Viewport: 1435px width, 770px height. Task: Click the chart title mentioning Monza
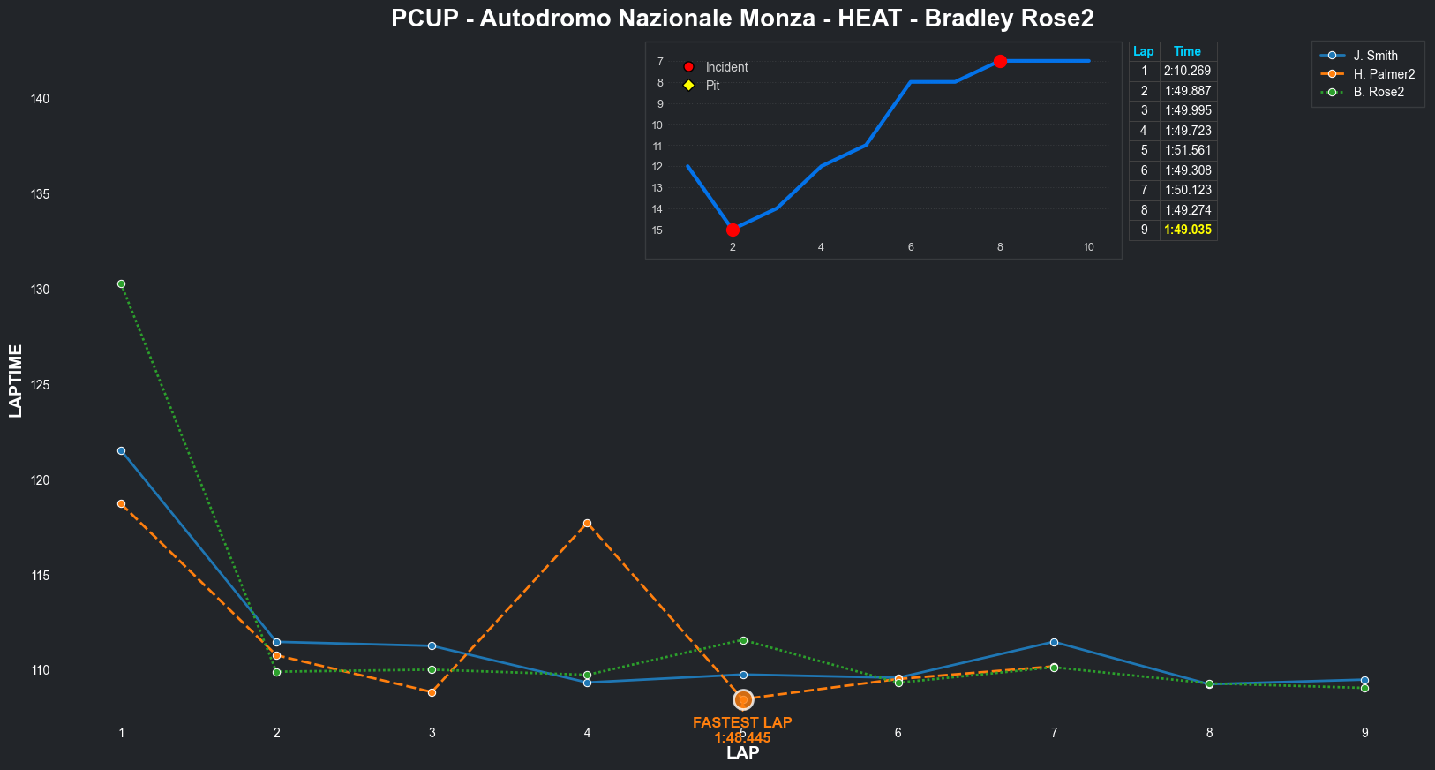[742, 19]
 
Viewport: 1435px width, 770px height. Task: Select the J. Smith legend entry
[1375, 56]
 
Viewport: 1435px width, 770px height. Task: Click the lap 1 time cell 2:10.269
[1187, 71]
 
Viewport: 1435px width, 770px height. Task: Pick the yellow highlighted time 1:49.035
[1187, 230]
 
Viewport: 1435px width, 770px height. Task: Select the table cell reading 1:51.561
[1187, 150]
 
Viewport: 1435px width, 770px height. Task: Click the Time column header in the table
[1187, 51]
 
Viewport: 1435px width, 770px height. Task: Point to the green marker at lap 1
[121, 283]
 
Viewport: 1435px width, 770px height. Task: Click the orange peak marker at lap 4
[587, 523]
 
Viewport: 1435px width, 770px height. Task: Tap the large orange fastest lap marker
[743, 699]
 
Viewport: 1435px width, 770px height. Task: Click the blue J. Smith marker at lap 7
[1054, 642]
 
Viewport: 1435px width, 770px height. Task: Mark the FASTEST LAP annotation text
[742, 722]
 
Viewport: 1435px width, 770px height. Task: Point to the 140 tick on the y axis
[40, 99]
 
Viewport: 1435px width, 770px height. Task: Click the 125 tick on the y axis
[40, 385]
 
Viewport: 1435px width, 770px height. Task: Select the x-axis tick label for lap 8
[1209, 732]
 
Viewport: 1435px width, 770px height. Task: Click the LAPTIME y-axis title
[15, 381]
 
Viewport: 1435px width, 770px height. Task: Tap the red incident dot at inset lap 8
[1000, 61]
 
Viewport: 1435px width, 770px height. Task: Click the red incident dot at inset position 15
[733, 230]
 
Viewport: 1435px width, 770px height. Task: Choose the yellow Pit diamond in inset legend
[689, 86]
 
